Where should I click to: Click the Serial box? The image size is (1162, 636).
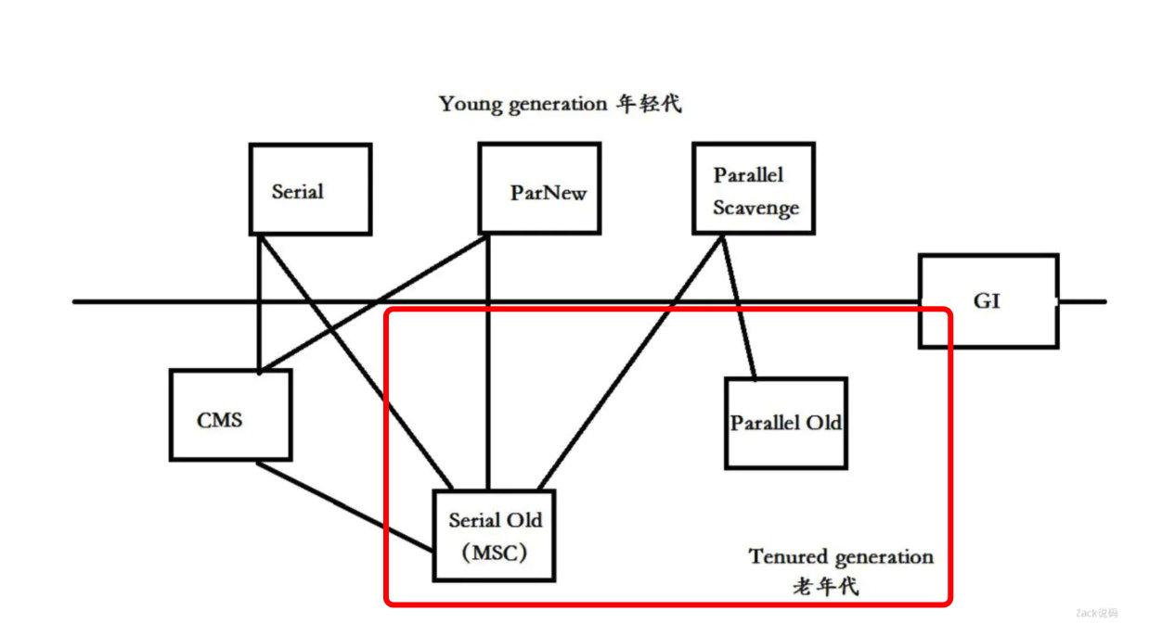tap(310, 189)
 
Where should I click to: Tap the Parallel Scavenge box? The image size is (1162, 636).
tap(753, 188)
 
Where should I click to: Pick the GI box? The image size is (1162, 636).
tap(988, 301)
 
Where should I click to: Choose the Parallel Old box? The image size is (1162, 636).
tap(785, 423)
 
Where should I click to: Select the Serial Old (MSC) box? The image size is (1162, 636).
tap(495, 536)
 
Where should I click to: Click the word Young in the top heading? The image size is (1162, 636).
tap(471, 104)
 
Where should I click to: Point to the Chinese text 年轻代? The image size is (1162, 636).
tap(649, 104)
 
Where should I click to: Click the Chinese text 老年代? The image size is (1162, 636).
tap(826, 586)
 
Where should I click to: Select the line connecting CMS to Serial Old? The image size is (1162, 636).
tap(345, 507)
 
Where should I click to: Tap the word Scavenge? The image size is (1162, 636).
tap(755, 208)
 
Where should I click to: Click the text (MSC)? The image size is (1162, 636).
tap(495, 553)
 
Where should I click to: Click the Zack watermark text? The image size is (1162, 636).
tap(1096, 613)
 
